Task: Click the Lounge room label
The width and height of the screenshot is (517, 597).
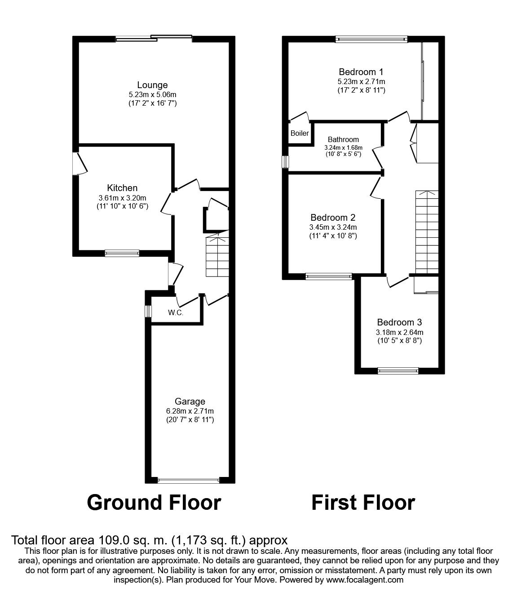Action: pos(152,85)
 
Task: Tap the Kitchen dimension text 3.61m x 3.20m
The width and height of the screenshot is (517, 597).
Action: pos(122,198)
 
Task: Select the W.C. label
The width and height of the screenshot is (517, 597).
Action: pos(176,312)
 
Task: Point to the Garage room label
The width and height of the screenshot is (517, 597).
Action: pos(190,401)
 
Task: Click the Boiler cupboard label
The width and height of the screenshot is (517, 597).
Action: pos(300,133)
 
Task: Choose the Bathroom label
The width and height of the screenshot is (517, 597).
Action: pos(343,139)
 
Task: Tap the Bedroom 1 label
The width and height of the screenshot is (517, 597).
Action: pos(361,71)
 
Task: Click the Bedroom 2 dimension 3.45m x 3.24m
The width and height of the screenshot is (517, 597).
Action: pos(333,227)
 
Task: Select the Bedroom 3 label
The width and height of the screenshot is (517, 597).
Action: pos(399,322)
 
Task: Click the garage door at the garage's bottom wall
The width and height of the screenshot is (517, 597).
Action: pos(189,481)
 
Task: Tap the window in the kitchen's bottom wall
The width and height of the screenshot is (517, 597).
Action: pos(122,253)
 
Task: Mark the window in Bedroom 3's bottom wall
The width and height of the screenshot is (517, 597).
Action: pos(398,370)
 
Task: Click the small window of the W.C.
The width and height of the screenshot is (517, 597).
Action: pos(148,312)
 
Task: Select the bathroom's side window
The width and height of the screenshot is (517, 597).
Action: pos(285,162)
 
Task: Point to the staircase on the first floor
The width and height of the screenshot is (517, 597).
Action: pos(427,232)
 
